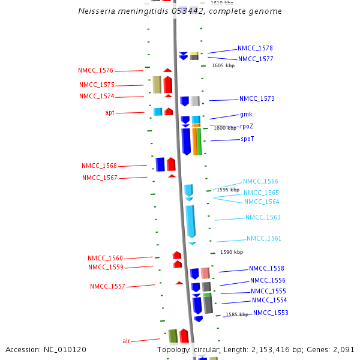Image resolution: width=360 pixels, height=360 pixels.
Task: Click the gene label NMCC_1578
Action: (255, 48)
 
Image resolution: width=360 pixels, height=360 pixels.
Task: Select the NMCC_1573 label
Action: (257, 98)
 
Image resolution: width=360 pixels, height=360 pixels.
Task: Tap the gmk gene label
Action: (246, 114)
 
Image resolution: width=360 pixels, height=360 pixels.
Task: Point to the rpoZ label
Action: (246, 127)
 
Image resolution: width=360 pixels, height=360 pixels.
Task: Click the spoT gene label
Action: (247, 139)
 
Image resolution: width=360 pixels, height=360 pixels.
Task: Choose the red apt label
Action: (110, 112)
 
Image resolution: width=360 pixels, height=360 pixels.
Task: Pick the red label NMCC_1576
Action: (95, 71)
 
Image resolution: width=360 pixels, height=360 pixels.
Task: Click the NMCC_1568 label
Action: (99, 166)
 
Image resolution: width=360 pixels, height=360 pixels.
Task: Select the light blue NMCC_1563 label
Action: (263, 217)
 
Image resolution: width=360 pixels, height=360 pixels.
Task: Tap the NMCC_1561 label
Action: (264, 238)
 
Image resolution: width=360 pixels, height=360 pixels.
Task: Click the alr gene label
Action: (126, 341)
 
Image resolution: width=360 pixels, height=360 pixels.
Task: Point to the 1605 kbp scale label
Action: (223, 65)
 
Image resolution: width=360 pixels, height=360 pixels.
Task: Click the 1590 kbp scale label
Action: (232, 252)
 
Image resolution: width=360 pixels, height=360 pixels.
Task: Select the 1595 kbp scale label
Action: (228, 190)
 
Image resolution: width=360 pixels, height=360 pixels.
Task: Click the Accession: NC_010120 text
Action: (46, 349)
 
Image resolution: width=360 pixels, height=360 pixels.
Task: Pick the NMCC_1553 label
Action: (271, 313)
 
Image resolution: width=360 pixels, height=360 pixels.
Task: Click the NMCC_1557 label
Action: (107, 286)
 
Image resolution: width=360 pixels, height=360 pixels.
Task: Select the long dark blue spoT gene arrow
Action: (186, 141)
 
